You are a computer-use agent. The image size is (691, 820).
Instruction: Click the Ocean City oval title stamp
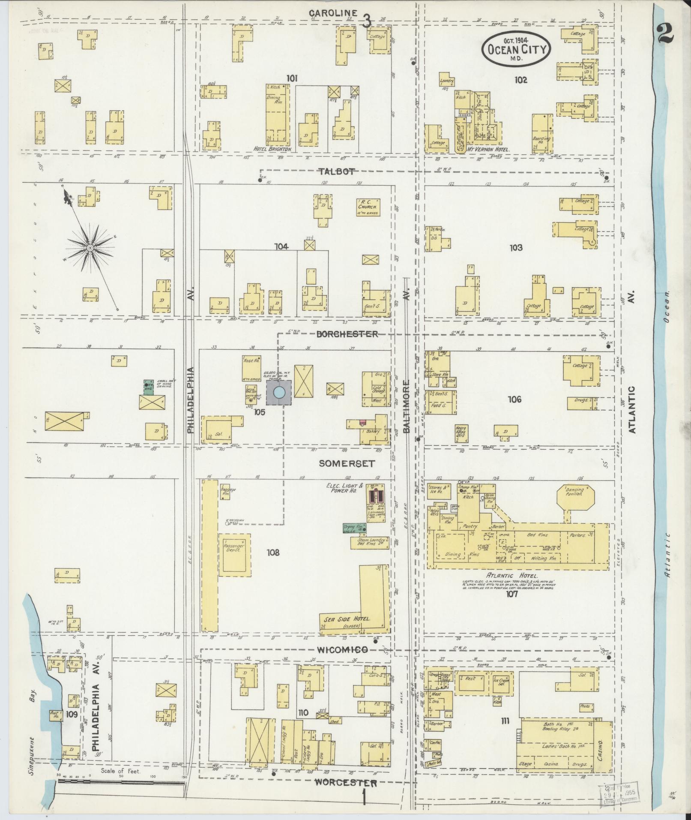(516, 50)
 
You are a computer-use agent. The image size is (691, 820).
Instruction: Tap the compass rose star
(90, 248)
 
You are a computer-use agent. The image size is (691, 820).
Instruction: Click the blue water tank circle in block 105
(279, 392)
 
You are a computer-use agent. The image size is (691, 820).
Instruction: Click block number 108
(272, 553)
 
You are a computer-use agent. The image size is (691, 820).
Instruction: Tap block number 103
(516, 247)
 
